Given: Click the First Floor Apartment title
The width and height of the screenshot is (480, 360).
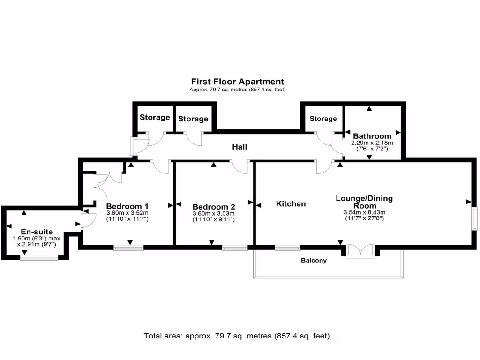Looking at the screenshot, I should coord(237,82).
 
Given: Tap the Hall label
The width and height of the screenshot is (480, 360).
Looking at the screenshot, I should coord(240,147).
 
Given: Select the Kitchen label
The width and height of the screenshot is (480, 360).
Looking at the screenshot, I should coord(291,203).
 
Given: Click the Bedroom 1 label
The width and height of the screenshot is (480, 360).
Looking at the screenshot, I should coord(127,206).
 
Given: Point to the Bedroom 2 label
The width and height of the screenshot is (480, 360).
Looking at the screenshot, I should coord(214,207).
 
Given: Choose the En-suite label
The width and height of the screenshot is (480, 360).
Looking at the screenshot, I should coord(37,232).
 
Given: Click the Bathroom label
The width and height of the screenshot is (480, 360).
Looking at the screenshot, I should coord(372,136).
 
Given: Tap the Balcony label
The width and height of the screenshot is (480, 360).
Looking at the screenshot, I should coord(314,260).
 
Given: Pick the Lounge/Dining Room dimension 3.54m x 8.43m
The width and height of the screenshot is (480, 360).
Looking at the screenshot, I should coord(364,212).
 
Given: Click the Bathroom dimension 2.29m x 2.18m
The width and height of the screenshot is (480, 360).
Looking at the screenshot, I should coord(372,143).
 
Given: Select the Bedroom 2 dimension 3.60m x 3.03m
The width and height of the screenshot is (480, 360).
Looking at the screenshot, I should coord(214,214).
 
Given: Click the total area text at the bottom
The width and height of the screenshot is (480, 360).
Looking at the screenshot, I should coord(237,336).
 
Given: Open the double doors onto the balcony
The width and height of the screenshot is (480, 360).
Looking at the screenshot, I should coord(360,251).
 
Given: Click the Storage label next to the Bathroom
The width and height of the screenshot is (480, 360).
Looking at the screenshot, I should coord(323,119).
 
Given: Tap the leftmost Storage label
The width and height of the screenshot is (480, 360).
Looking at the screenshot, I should coord(154,117).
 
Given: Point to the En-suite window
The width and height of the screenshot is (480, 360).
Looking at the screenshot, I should coord(39,257).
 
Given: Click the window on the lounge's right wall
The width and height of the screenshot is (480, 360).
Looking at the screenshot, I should coord(474,218).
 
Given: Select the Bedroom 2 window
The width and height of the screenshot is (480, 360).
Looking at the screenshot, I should coord(234,247).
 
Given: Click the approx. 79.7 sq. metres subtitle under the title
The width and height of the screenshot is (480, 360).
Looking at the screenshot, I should coord(237,90).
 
